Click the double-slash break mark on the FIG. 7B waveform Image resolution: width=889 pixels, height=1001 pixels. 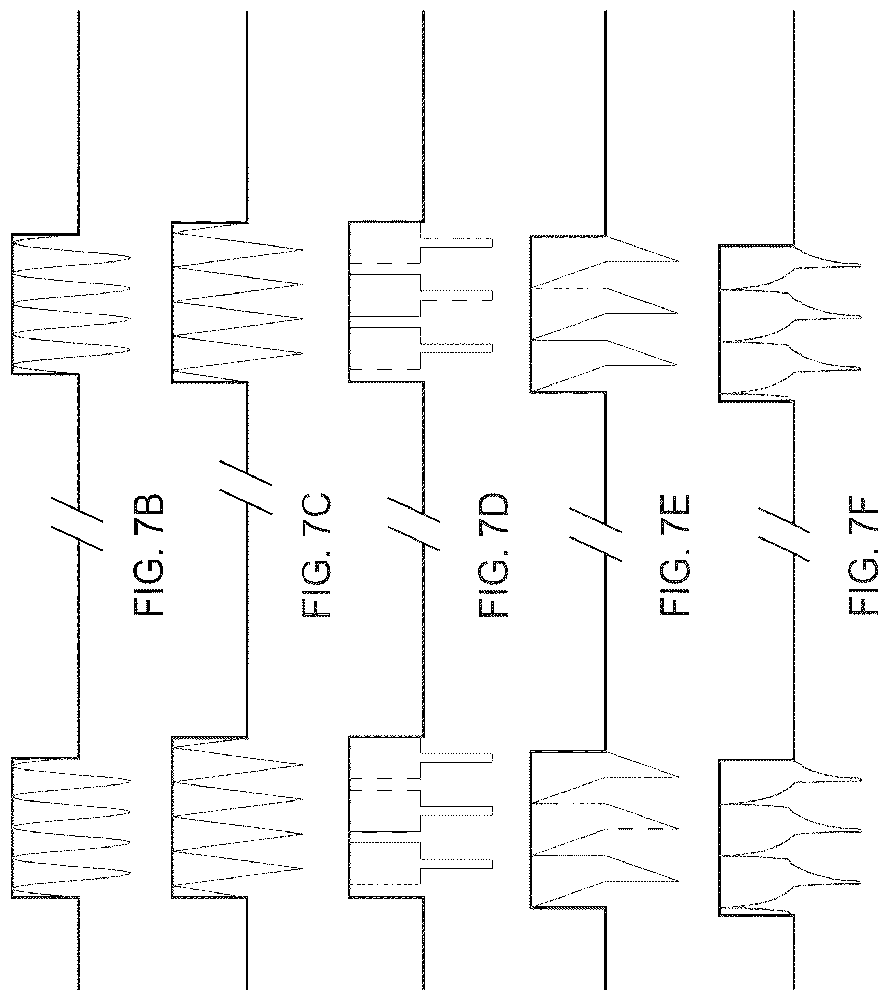click(x=78, y=523)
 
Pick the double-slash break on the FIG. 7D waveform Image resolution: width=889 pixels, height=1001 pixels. click(x=414, y=523)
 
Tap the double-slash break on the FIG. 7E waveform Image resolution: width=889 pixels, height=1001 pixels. click(x=596, y=533)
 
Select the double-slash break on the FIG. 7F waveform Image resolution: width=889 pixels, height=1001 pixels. click(x=784, y=533)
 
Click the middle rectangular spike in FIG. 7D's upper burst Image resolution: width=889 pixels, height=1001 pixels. click(x=457, y=296)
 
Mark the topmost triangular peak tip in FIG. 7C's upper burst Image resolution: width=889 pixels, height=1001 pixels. click(x=302, y=250)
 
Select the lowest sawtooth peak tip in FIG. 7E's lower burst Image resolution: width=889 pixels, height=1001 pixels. click(x=677, y=880)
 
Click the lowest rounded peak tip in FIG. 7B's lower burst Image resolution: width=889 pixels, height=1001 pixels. click(x=129, y=873)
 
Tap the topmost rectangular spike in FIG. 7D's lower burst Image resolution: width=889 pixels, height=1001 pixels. click(x=457, y=758)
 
